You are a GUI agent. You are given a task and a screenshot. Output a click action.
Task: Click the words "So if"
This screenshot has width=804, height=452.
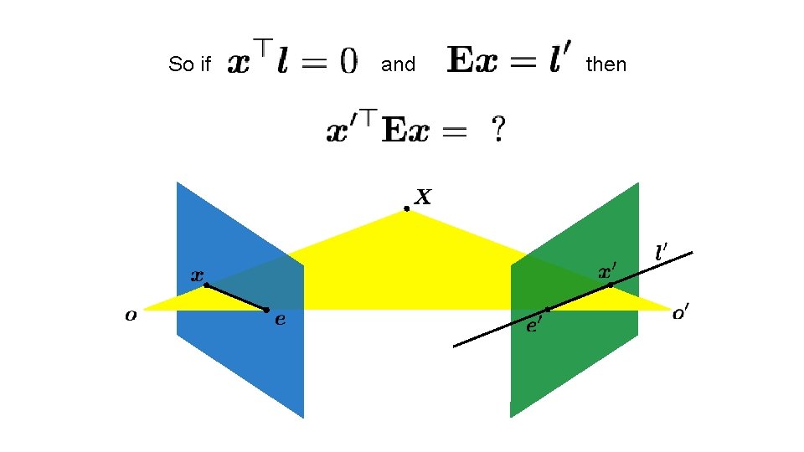pos(189,64)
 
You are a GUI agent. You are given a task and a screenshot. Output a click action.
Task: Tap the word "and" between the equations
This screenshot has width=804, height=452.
pos(398,64)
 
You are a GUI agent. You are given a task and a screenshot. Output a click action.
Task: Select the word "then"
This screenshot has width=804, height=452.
pos(606,64)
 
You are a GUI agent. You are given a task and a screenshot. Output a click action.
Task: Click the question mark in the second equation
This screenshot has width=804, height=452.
pos(497,130)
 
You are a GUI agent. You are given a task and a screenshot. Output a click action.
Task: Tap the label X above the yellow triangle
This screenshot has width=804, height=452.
pos(424,197)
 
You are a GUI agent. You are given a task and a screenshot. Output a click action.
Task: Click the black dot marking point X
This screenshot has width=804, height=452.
pos(406,208)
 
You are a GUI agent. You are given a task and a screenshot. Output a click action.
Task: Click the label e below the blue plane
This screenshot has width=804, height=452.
pos(280,319)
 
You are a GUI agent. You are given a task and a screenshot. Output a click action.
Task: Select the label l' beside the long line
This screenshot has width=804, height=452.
pos(662,249)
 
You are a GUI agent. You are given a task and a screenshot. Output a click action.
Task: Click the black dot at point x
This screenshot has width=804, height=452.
pos(206,285)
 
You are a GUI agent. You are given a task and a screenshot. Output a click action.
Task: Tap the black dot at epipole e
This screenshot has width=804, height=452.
pos(266,310)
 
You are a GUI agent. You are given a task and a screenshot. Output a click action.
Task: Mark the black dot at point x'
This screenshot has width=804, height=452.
pos(610,285)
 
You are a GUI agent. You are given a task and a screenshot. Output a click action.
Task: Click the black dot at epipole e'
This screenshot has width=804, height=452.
pos(548,310)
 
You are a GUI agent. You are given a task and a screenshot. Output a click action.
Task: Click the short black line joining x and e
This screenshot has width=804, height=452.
pos(236,297)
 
